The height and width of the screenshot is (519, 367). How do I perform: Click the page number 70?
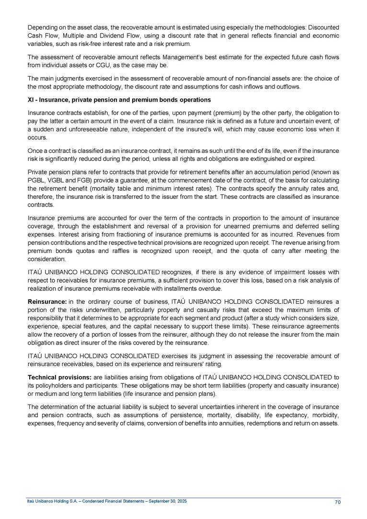[337, 502]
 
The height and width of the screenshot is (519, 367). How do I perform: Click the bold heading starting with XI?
[119, 100]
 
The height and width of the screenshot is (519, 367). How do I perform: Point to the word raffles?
[99, 251]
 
